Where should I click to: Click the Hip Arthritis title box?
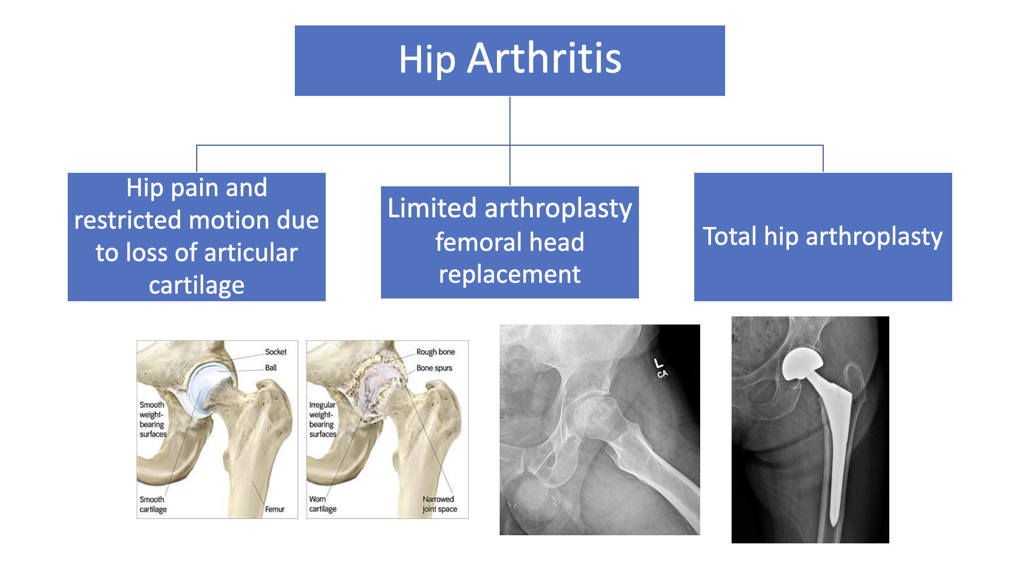pyautogui.click(x=509, y=61)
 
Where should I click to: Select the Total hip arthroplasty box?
pyautogui.click(x=823, y=237)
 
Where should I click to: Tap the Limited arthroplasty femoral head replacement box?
pyautogui.click(x=509, y=242)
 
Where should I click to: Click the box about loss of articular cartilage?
pyautogui.click(x=196, y=237)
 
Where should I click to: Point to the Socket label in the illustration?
pyautogui.click(x=275, y=352)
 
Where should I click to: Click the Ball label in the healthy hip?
pyautogui.click(x=271, y=368)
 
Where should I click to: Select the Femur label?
pyautogui.click(x=275, y=509)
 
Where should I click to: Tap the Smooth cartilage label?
pyautogui.click(x=153, y=504)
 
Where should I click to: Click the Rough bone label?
pyautogui.click(x=435, y=352)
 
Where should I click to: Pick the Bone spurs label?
pyautogui.click(x=434, y=368)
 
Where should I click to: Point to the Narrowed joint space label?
pyautogui.click(x=440, y=504)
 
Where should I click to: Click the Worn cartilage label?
pyautogui.click(x=322, y=504)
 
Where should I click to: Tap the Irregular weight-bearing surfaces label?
pyautogui.click(x=322, y=419)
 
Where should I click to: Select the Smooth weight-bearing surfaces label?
pyautogui.click(x=153, y=419)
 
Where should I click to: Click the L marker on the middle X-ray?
pyautogui.click(x=658, y=363)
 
